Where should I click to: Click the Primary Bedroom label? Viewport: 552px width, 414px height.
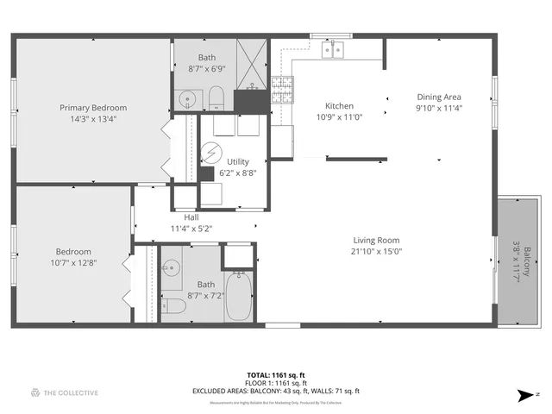coord(93,108)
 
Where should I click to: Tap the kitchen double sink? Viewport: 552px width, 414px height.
coord(334,50)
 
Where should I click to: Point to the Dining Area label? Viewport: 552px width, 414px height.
coord(439,97)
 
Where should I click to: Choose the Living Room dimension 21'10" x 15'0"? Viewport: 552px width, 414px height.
coord(377,252)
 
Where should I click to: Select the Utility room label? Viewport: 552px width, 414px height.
coord(238,161)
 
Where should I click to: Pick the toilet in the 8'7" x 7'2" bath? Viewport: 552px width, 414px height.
coord(174,305)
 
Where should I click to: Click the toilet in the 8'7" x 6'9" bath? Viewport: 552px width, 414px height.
coord(216,97)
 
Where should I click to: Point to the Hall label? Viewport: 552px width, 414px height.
coord(191,217)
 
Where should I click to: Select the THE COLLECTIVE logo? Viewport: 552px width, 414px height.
coord(65,393)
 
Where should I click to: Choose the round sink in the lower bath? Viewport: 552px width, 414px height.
coord(172,267)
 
